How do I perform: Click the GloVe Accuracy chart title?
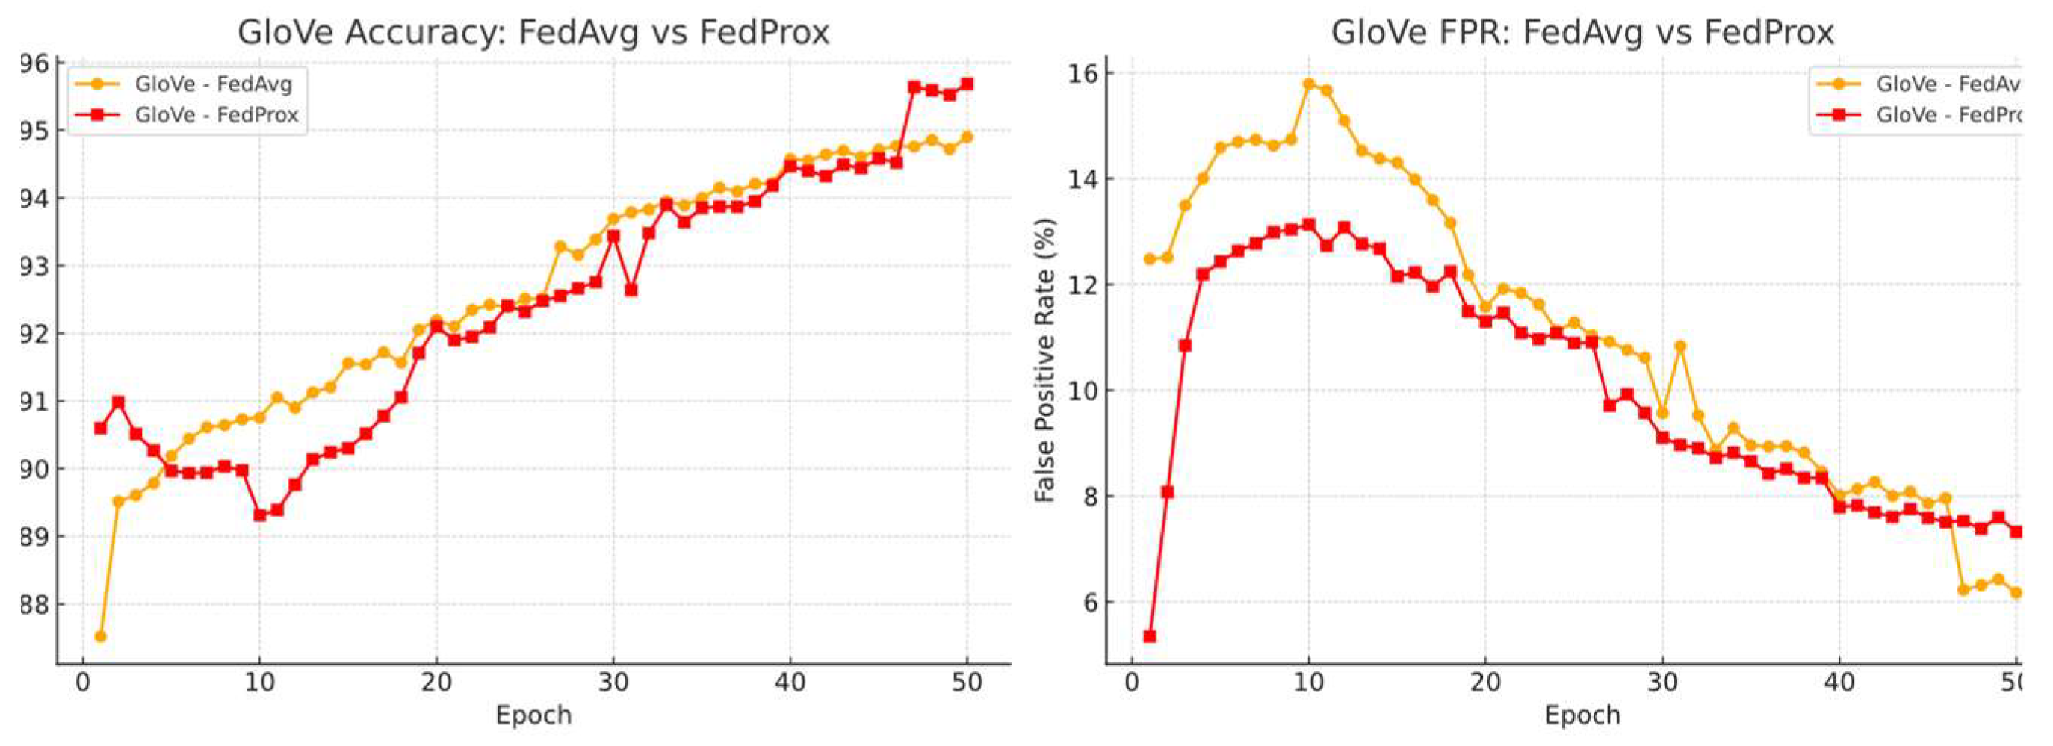click(533, 33)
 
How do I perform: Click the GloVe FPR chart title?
click(1582, 33)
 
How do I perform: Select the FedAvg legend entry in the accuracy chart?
click(213, 84)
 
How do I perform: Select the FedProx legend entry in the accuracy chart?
click(216, 115)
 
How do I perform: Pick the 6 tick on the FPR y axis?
click(1089, 603)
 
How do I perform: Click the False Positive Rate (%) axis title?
click(1045, 360)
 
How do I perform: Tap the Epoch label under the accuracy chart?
click(533, 715)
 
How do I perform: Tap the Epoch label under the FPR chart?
click(1582, 715)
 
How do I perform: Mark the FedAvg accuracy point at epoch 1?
click(100, 636)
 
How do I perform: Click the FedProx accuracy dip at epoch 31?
click(631, 289)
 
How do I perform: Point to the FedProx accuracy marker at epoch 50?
click(967, 84)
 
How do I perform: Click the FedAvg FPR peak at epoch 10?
click(1309, 84)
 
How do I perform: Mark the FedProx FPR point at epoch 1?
click(1149, 636)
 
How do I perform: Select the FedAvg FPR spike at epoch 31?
click(1680, 346)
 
